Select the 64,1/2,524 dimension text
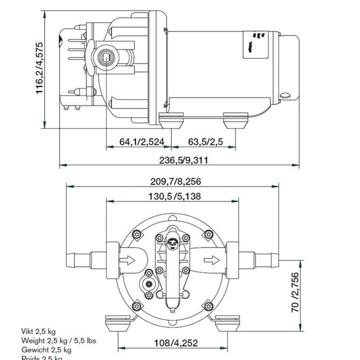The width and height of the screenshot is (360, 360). click(142, 142)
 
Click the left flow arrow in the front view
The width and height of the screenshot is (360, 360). click(128, 259)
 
